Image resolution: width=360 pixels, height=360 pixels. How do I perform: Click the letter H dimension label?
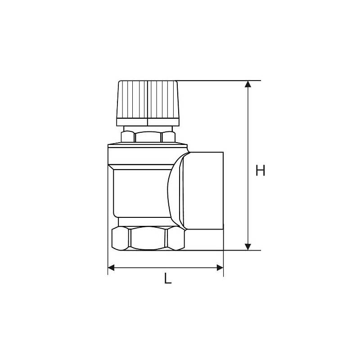coord(261,171)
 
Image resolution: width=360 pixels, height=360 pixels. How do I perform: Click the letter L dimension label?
coord(168,278)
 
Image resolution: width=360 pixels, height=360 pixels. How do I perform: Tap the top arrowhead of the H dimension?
coord(248,84)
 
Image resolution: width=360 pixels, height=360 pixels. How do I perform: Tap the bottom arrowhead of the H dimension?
coord(248,247)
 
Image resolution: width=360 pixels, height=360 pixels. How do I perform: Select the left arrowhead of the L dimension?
coord(111,267)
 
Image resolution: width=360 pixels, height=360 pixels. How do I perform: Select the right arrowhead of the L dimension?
coord(220,267)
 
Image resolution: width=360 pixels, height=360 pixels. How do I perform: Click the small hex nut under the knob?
coord(148,137)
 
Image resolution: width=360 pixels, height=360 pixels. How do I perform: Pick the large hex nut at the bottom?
coord(148,238)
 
